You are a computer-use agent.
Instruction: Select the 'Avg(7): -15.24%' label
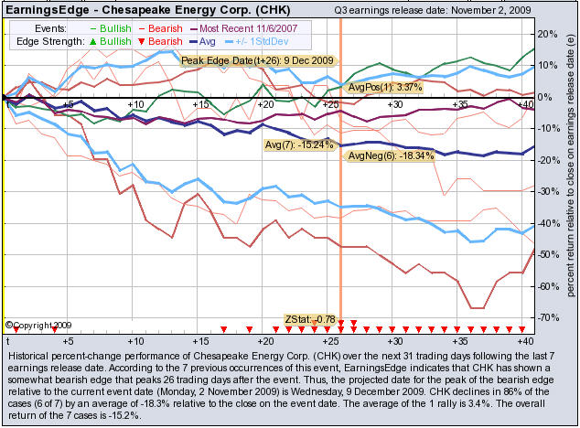pos(299,143)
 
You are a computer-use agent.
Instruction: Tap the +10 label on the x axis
pos(136,105)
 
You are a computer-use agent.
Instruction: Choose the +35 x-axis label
pos(460,105)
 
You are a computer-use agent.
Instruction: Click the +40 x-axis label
pos(524,105)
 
